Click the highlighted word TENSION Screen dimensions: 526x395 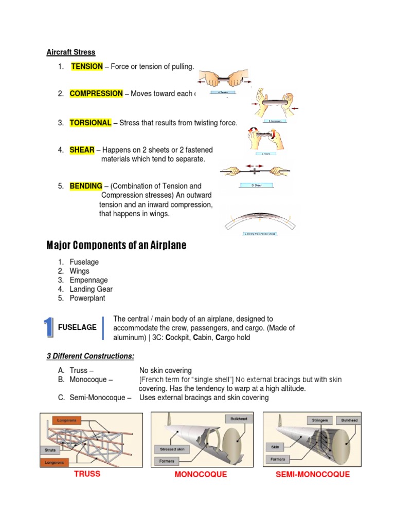(x=86, y=67)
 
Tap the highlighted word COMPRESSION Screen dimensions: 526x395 (x=96, y=93)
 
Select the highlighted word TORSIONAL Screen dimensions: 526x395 (x=91, y=123)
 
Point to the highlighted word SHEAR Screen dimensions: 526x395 (x=82, y=150)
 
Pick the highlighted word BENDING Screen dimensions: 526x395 (x=86, y=186)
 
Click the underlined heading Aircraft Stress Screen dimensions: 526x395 (x=71, y=52)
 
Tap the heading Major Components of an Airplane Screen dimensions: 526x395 (x=116, y=246)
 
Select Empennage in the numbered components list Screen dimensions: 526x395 (x=88, y=280)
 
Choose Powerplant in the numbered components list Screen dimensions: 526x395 (x=87, y=298)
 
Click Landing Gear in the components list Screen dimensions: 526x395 (x=91, y=289)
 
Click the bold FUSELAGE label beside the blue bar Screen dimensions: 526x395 (x=77, y=328)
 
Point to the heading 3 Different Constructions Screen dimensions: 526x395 (x=90, y=356)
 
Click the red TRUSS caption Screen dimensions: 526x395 (x=87, y=474)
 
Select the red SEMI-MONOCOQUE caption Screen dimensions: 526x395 (x=313, y=475)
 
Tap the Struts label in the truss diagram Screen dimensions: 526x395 (x=49, y=449)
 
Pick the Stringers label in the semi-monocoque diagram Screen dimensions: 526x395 (x=319, y=420)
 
